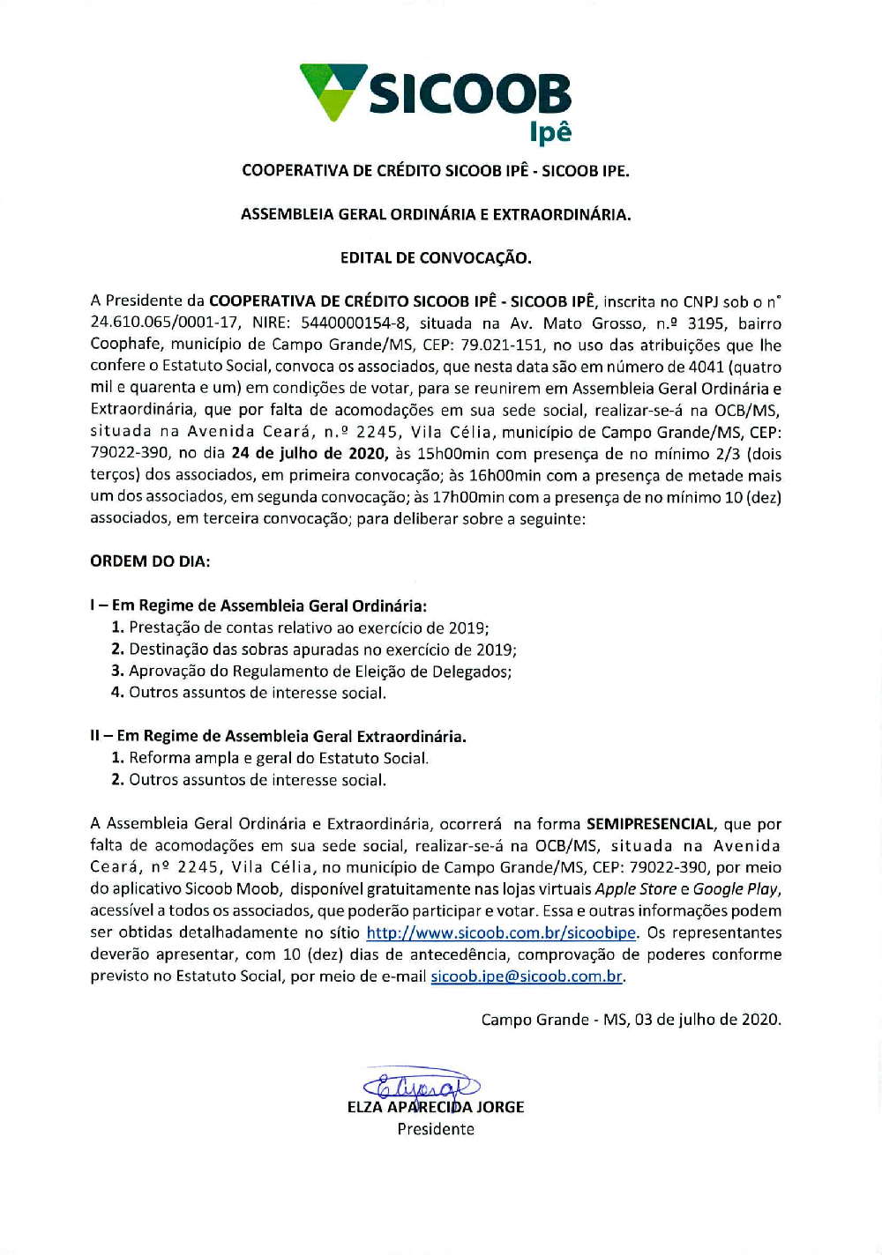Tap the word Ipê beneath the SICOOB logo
tap(550, 133)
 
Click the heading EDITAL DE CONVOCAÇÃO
tap(436, 258)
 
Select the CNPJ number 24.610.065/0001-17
tap(165, 323)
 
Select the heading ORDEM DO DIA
tap(150, 561)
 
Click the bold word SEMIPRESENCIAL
tap(650, 824)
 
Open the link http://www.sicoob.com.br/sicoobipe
tap(501, 932)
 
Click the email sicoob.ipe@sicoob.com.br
tap(527, 977)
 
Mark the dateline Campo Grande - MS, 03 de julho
tap(631, 1020)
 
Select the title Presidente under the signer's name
tap(436, 1129)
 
